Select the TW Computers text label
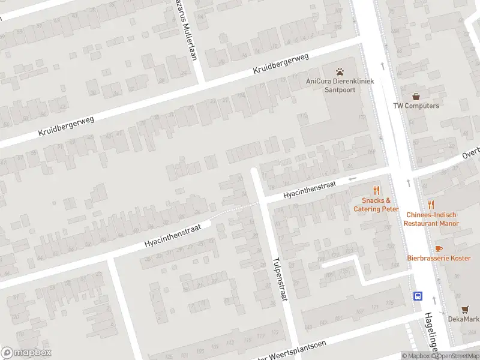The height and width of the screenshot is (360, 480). [416, 106]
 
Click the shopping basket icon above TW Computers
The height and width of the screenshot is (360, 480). [416, 95]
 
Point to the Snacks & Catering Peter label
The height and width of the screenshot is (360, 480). [376, 205]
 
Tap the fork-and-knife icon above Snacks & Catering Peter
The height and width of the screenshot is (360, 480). [376, 190]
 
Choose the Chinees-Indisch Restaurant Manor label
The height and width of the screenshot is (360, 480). [431, 219]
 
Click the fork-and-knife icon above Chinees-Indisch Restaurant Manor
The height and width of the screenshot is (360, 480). [431, 205]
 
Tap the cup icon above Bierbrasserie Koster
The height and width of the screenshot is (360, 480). [438, 248]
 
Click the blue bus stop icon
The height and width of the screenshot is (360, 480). [417, 295]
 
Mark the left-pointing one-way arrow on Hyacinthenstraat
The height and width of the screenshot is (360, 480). [353, 178]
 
